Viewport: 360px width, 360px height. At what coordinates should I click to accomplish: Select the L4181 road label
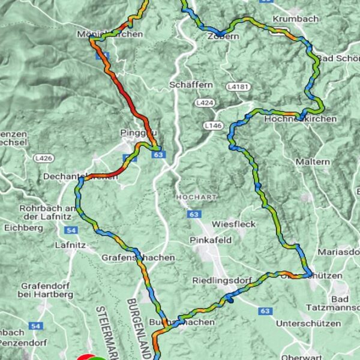(x=238, y=87)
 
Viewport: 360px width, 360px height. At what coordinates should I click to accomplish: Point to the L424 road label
(x=205, y=103)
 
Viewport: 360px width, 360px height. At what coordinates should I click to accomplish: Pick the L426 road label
(x=43, y=158)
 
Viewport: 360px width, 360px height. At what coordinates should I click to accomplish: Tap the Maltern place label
(x=313, y=162)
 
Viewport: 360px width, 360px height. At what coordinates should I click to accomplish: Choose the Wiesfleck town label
(x=233, y=224)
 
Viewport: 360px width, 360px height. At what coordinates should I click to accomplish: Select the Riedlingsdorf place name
(x=220, y=280)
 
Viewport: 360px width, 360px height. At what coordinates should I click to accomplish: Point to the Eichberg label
(x=23, y=228)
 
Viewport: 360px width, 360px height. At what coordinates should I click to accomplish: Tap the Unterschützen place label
(x=304, y=323)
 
